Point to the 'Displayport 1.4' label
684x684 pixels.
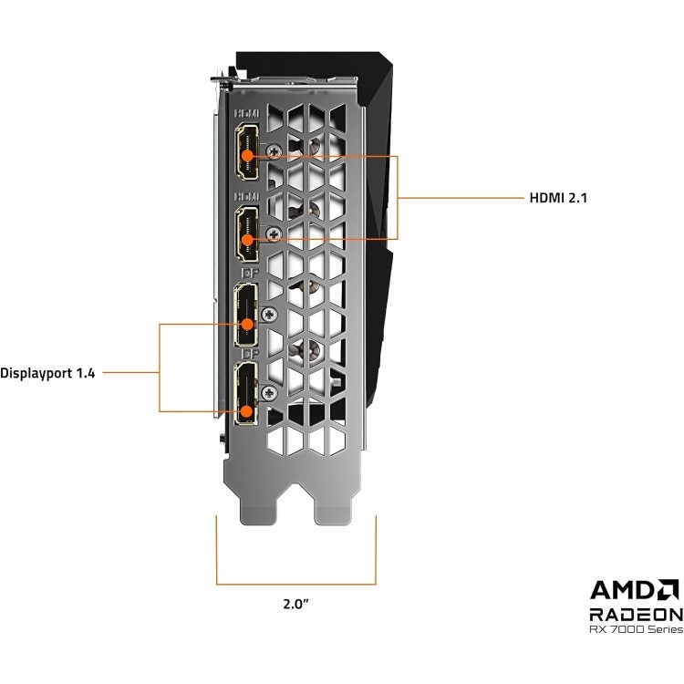click(47, 372)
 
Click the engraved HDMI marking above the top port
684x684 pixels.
click(247, 113)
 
